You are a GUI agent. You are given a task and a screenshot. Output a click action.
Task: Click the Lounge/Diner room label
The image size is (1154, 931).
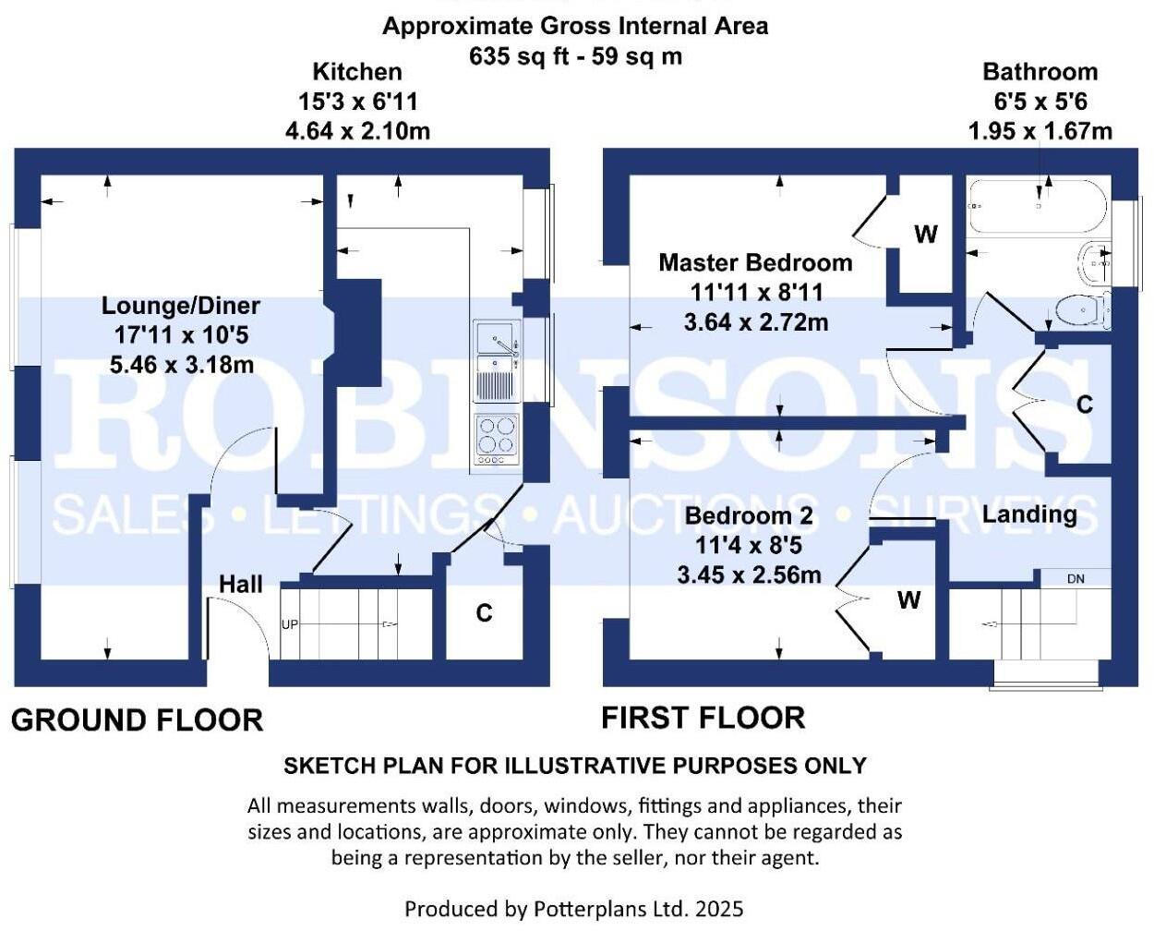click(181, 306)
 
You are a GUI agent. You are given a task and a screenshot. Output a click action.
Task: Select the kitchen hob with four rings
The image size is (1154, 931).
click(497, 438)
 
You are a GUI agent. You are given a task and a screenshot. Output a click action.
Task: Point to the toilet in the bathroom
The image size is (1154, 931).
click(1082, 310)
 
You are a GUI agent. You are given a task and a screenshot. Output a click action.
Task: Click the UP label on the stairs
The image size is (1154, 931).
click(290, 624)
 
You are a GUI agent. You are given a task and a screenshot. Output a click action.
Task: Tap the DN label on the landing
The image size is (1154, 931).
click(1076, 579)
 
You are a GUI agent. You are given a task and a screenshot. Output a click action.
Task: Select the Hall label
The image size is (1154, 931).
click(241, 584)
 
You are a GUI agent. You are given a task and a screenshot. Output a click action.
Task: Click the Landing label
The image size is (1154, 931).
click(1029, 514)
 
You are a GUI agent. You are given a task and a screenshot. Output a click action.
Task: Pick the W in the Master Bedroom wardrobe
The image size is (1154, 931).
click(926, 234)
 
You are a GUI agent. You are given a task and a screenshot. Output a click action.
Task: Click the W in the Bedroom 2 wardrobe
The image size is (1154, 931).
click(909, 600)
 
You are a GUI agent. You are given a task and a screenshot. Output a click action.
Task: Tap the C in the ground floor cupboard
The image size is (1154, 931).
click(484, 613)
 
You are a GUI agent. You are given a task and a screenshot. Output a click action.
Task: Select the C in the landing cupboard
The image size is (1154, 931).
click(1085, 405)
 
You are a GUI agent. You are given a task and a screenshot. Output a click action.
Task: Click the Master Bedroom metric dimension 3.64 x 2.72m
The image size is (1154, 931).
click(756, 322)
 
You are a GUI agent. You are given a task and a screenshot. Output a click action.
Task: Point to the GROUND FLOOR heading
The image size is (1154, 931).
click(137, 719)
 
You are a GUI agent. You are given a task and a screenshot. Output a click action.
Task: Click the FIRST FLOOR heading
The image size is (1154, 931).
click(703, 718)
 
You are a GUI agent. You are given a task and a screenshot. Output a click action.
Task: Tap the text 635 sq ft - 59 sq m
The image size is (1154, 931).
click(575, 56)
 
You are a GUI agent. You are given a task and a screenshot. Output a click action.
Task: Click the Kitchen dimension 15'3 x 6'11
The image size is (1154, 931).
click(357, 102)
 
